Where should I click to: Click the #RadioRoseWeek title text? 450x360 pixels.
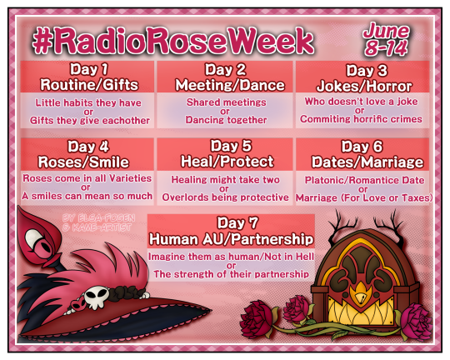(x=174, y=41)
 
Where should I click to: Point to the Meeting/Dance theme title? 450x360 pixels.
(x=224, y=85)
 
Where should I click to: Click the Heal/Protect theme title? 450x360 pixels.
(x=225, y=161)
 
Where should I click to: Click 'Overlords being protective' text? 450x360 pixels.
(x=224, y=197)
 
